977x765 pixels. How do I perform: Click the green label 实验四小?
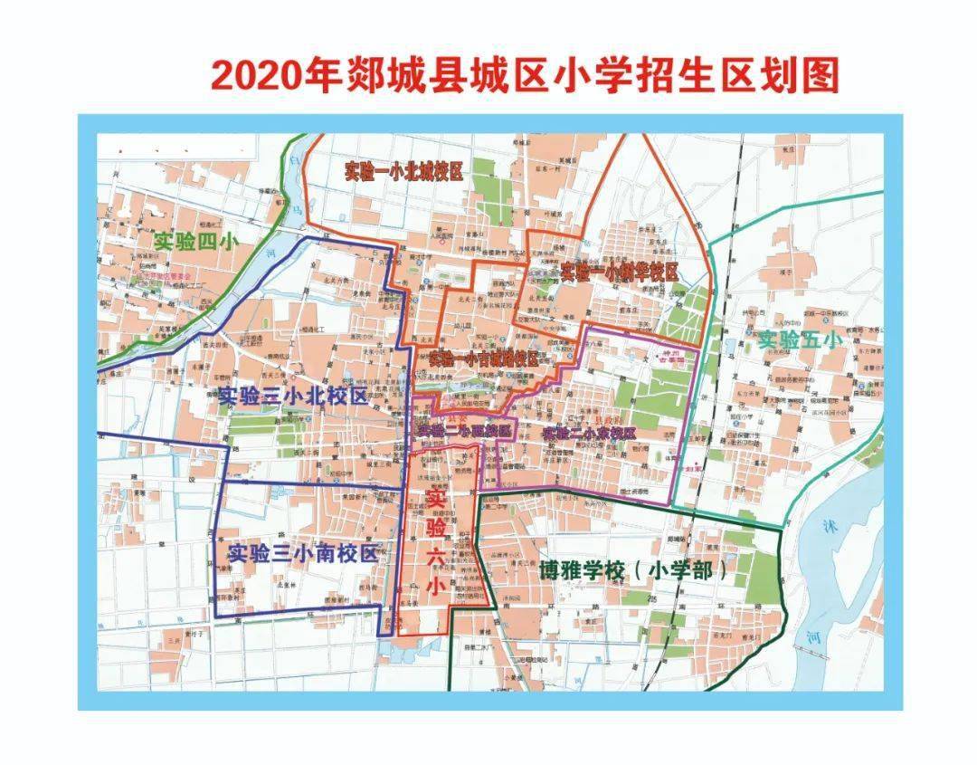tap(194, 243)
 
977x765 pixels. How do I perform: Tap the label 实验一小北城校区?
tap(403, 172)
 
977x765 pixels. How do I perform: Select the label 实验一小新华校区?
tap(619, 272)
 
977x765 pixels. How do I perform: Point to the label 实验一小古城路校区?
tap(483, 359)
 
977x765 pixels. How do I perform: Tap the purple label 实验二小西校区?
tap(464, 432)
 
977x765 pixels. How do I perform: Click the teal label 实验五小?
tap(799, 340)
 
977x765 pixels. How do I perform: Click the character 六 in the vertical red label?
tap(436, 558)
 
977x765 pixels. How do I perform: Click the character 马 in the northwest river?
tap(296, 210)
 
